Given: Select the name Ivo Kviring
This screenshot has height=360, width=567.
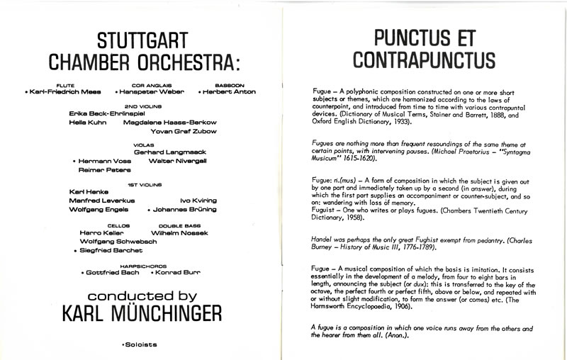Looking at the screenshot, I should [198, 201].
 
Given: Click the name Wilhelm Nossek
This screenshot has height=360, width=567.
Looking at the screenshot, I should [178, 232].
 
